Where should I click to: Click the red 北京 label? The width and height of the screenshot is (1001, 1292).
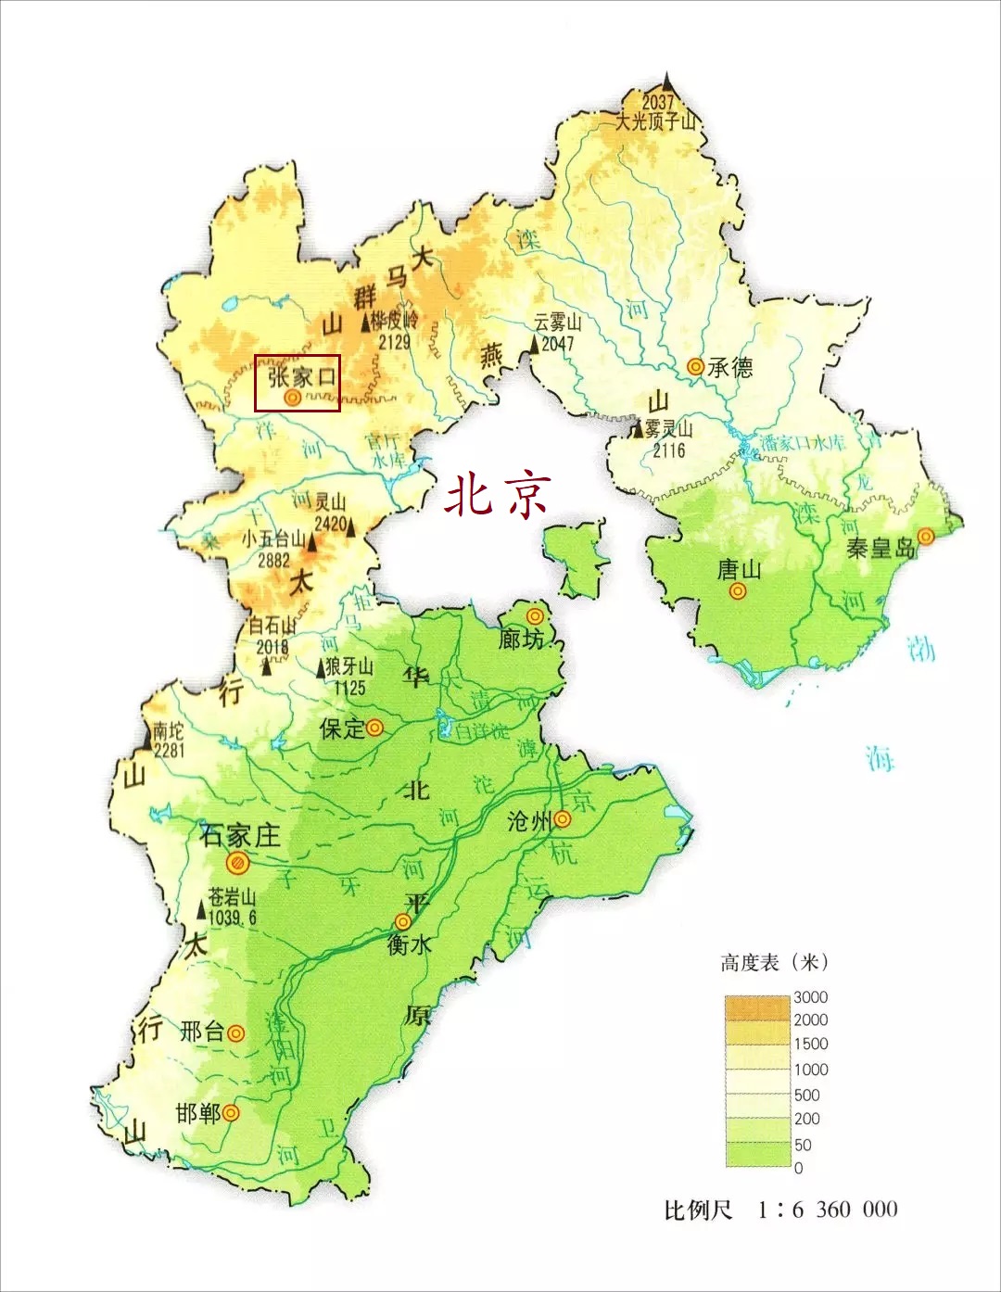498,494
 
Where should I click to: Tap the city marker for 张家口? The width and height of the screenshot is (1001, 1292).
292,398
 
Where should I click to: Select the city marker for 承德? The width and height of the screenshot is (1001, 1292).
695,367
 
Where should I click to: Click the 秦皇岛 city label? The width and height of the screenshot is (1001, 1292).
880,548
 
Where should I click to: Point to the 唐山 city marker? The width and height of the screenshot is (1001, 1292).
738,590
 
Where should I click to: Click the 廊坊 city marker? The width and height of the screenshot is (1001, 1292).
535,616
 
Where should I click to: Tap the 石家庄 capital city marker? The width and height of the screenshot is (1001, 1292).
238,863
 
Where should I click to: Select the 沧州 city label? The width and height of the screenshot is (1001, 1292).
529,821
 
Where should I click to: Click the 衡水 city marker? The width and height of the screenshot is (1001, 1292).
403,922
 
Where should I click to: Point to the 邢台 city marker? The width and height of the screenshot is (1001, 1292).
236,1032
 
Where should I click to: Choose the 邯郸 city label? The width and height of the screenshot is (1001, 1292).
198,1112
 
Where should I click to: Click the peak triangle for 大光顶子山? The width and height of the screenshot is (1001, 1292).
667,82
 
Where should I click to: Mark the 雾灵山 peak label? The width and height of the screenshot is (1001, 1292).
669,430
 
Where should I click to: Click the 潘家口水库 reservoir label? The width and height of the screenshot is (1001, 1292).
803,442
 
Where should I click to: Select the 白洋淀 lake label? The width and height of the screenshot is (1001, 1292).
482,731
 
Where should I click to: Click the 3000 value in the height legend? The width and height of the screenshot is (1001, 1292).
810,997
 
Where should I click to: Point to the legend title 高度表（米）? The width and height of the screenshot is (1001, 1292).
774,963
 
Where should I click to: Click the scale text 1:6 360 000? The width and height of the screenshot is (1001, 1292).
828,1210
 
